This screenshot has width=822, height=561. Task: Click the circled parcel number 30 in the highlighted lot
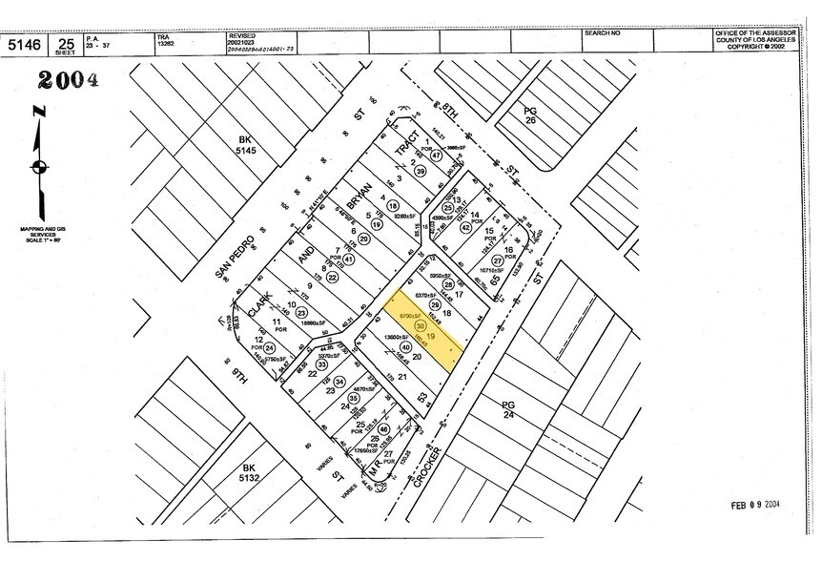(421, 324)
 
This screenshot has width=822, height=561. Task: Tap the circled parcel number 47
(435, 156)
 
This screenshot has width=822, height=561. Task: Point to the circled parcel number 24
(270, 348)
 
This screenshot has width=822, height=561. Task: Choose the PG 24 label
(508, 410)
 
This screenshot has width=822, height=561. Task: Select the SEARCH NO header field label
(604, 33)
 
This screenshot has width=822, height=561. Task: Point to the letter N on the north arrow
(38, 112)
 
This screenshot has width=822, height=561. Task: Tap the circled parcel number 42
(466, 227)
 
